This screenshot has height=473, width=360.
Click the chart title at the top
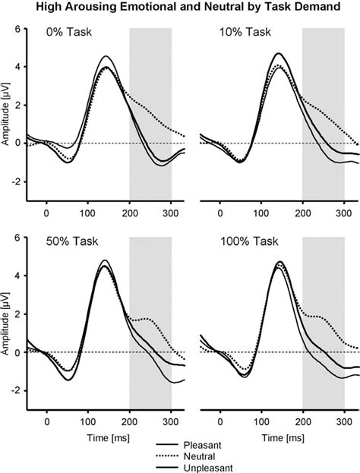pyautogui.click(x=180, y=9)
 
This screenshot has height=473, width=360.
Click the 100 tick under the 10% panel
pyautogui.click(x=261, y=213)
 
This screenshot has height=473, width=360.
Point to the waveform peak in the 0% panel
pyautogui.click(x=107, y=57)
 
